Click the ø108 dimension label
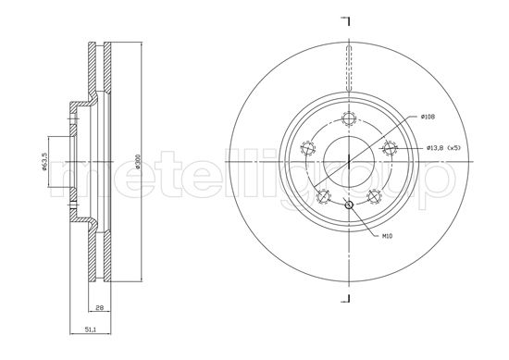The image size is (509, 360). tap(428, 117)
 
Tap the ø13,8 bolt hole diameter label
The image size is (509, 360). tap(438, 148)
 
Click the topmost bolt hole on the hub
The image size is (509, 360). tap(348, 118)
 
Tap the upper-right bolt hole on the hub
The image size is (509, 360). tap(390, 148)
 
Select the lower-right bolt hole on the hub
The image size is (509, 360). tap(374, 196)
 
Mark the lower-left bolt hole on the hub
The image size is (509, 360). tap(323, 196)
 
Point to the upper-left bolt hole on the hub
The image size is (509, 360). tap(307, 148)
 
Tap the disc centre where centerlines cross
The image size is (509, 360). tap(348, 162)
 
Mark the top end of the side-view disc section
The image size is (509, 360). tap(101, 43)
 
